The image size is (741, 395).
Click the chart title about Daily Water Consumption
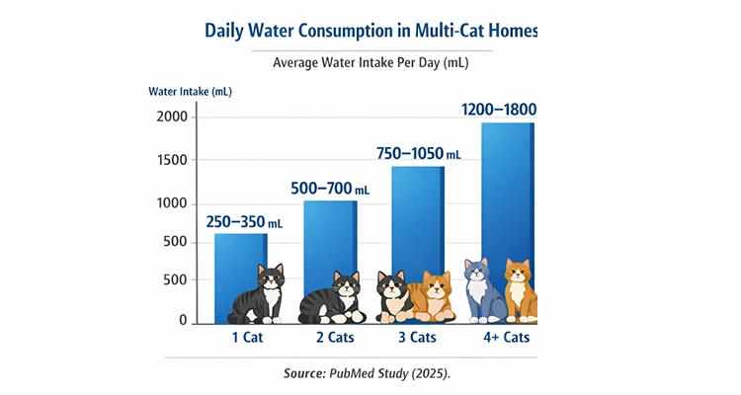point(370,30)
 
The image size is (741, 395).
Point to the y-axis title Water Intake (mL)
point(190,92)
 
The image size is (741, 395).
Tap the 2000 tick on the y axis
point(171,118)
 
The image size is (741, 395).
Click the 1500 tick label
point(171,160)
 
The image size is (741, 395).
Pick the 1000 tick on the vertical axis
point(171,203)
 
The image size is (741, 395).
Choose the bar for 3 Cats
point(418,217)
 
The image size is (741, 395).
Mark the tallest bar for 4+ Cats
point(507,197)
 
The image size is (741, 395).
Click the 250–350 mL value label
point(244,221)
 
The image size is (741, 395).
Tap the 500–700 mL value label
point(331,188)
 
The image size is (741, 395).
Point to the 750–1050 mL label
point(419,154)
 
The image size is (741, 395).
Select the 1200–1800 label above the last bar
point(500,110)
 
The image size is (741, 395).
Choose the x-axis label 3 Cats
point(416,338)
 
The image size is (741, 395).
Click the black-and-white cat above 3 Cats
point(395,296)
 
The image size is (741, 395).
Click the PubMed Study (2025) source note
point(370,373)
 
